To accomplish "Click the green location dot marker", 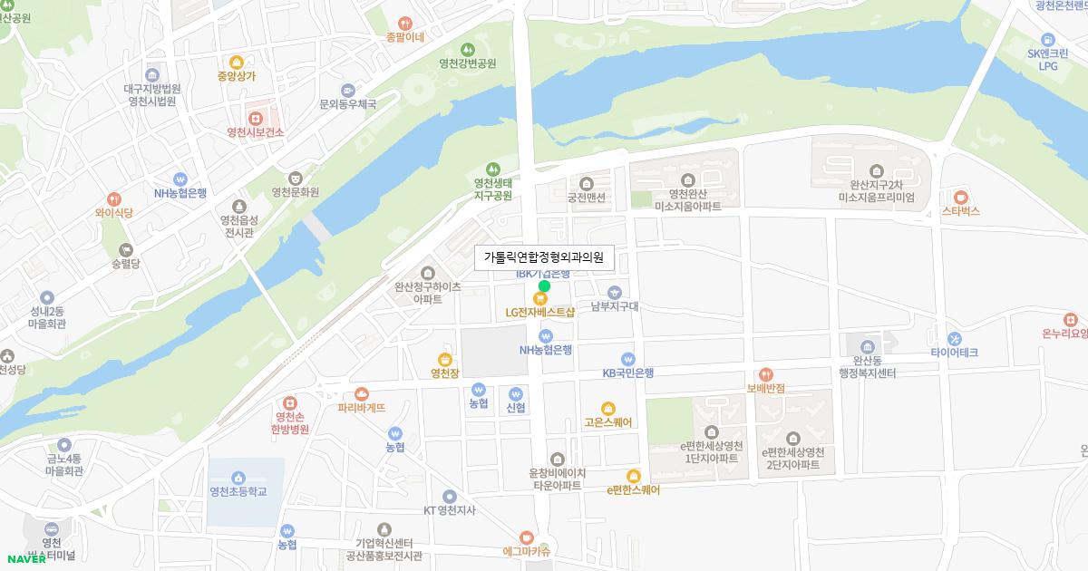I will [544, 286].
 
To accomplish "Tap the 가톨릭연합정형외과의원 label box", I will [544, 257].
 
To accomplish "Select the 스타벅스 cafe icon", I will [961, 197].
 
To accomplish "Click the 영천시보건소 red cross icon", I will [256, 118].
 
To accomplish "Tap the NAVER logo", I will [26, 558].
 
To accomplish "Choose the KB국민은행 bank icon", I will [628, 359].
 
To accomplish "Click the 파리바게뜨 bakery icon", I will [362, 393].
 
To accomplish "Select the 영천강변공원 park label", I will [468, 63].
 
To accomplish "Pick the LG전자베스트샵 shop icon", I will [540, 298].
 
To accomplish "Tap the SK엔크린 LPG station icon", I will [1048, 39].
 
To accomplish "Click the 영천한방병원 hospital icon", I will [290, 402].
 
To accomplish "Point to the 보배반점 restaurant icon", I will [766, 374].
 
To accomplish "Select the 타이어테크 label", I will [954, 353].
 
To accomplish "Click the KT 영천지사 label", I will [450, 510].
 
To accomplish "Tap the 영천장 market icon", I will [444, 359].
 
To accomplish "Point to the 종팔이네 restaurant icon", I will [405, 23].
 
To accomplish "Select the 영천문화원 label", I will [296, 192].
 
